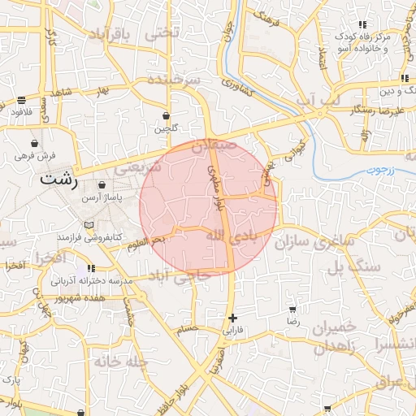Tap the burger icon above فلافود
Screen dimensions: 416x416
click(20, 100)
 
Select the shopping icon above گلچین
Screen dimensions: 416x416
click(166, 115)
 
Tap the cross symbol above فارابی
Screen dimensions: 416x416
click(233, 318)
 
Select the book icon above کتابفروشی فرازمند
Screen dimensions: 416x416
click(89, 223)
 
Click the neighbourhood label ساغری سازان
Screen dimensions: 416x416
click(315, 242)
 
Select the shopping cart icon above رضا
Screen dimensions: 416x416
click(292, 310)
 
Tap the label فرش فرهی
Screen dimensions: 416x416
click(36, 154)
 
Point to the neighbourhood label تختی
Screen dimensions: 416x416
click(159, 34)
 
